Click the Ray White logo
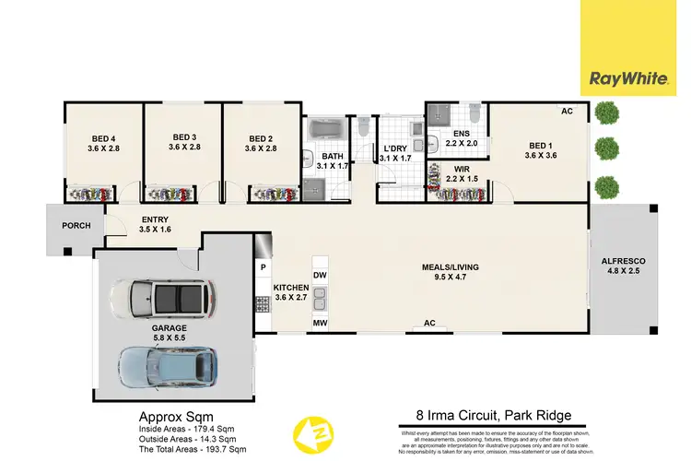pyautogui.click(x=635, y=79)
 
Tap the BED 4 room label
pyautogui.click(x=104, y=138)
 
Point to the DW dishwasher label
pyautogui.click(x=320, y=276)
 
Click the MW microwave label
pyautogui.click(x=320, y=324)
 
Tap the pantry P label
pyautogui.click(x=264, y=268)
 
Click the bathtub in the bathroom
pyautogui.click(x=324, y=128)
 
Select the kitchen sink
pyautogui.click(x=320, y=299)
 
